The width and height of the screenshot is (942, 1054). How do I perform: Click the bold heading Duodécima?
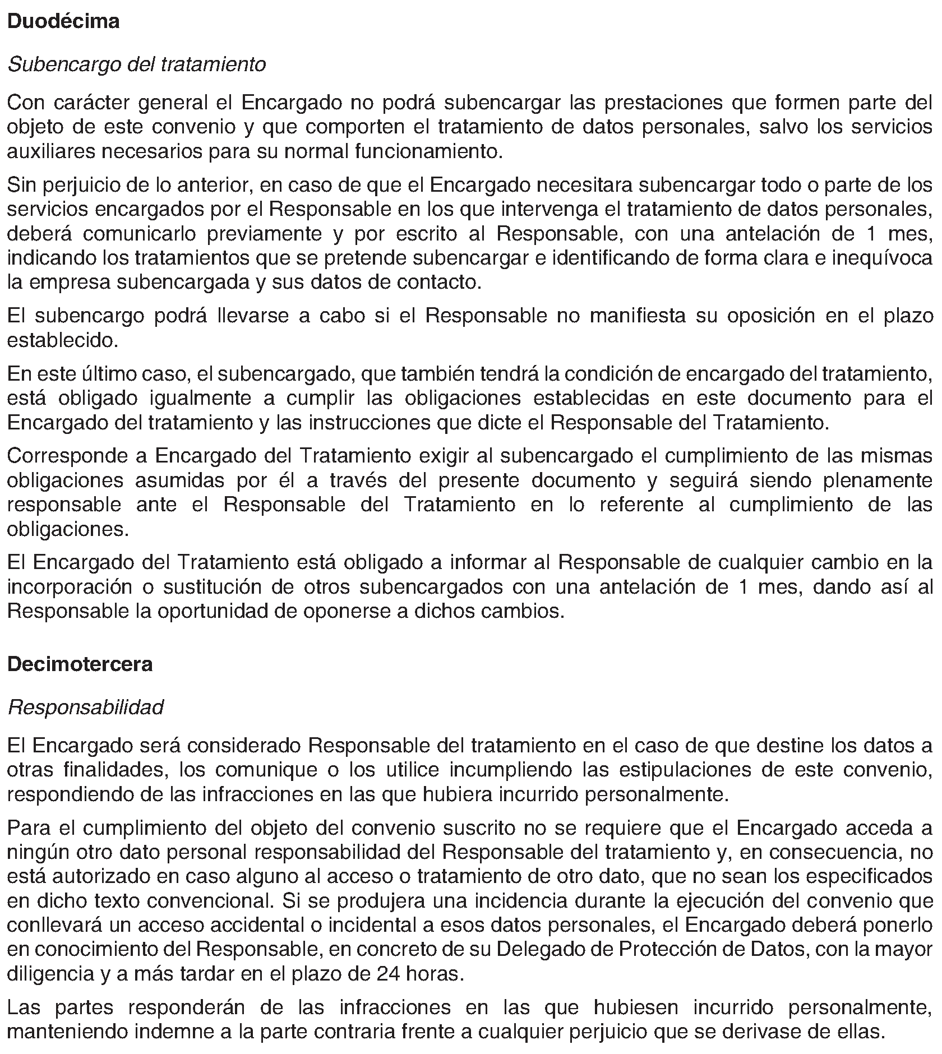[63, 22]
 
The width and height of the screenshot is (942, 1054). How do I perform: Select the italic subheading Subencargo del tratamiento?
[136, 65]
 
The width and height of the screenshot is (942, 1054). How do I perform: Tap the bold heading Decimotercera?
[80, 664]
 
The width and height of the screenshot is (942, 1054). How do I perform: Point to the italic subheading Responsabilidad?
[86, 708]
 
